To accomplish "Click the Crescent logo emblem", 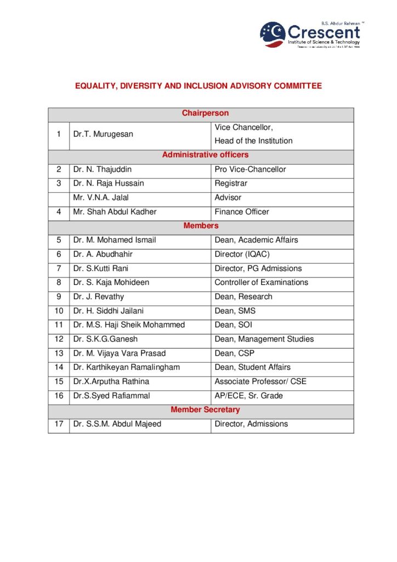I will pos(273,35).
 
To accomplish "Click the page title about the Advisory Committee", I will pos(198,86).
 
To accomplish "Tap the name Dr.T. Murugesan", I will pos(103,134).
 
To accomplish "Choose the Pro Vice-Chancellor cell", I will pos(250,170).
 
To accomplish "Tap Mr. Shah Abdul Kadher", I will pos(115,212).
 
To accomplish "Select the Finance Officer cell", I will pos(242,212).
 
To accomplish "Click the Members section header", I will pos(201,226).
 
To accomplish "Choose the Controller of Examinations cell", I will pos(261,282).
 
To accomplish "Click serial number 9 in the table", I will pos(59,296).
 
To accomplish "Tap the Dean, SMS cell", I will pos(235,311).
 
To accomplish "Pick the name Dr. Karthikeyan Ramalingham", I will pos(126,367).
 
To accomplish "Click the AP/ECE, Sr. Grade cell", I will pos(249,396).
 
